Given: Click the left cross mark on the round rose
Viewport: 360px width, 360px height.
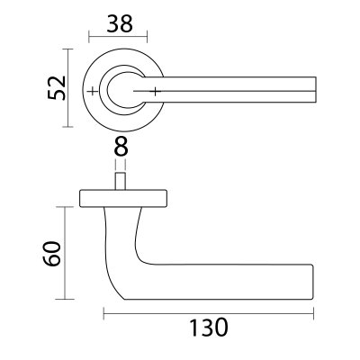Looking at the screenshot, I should [94, 92].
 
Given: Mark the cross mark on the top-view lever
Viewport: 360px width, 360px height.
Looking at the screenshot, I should [157, 91].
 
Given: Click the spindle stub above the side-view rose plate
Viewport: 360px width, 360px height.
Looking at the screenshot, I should [121, 183].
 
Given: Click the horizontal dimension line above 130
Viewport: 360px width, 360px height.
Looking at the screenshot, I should [209, 313].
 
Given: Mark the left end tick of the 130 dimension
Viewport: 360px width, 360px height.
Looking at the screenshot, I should [104, 313].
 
